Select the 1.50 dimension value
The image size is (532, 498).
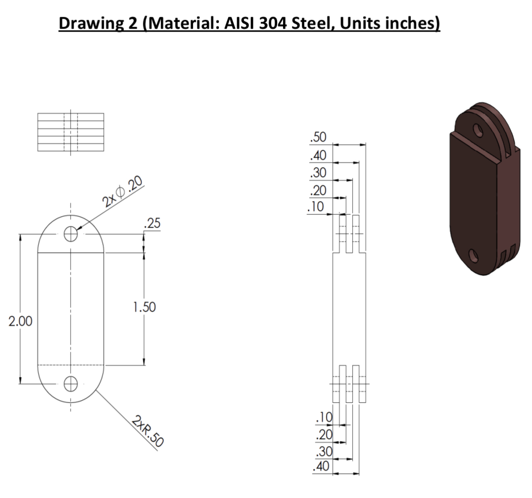145,307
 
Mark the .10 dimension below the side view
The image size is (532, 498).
324,418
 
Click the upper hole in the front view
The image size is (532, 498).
71,235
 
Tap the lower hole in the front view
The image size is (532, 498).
71,383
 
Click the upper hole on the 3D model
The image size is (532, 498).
478,130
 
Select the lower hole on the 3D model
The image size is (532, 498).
473,255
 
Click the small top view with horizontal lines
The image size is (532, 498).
71,132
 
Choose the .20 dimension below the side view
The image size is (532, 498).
324,435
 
